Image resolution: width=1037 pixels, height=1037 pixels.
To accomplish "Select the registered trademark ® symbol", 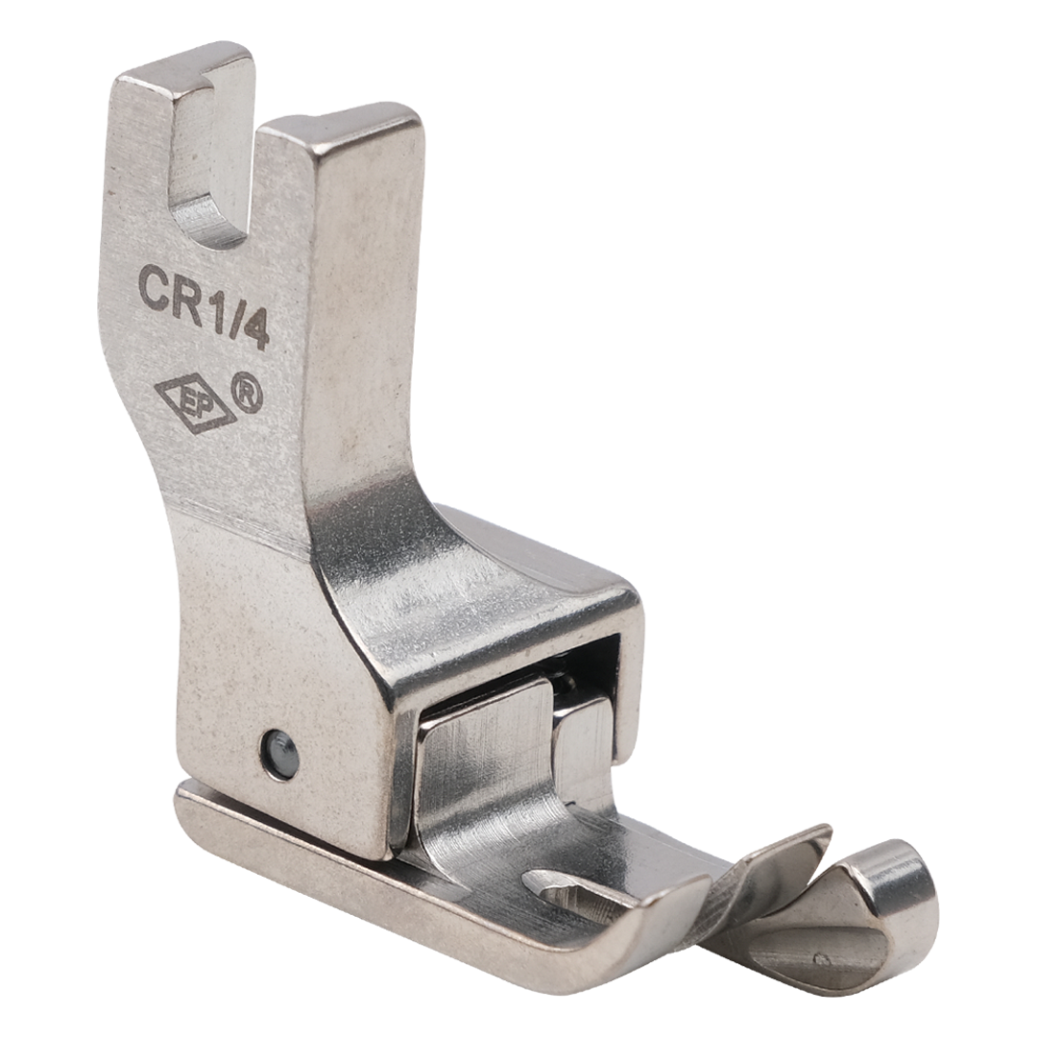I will click(247, 394).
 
